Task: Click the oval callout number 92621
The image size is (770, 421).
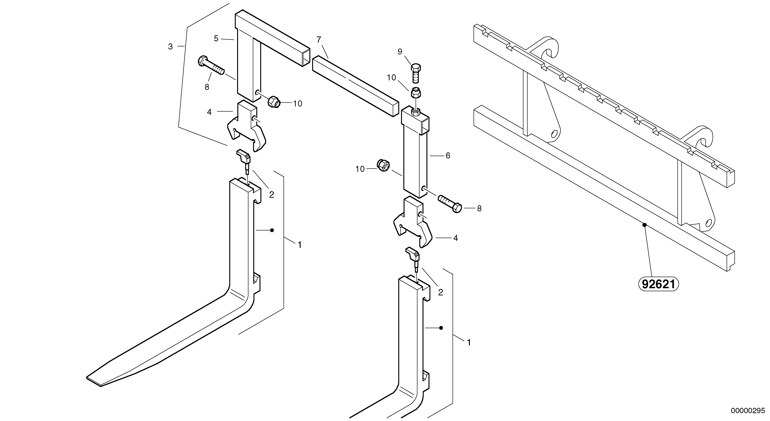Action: (658, 284)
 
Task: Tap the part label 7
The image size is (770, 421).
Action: (319, 39)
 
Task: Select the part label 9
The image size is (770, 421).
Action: (400, 52)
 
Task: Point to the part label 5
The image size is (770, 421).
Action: (216, 38)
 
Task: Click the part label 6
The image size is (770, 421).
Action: (448, 155)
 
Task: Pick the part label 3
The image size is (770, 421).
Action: (170, 46)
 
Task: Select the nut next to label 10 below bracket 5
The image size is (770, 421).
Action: (273, 102)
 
